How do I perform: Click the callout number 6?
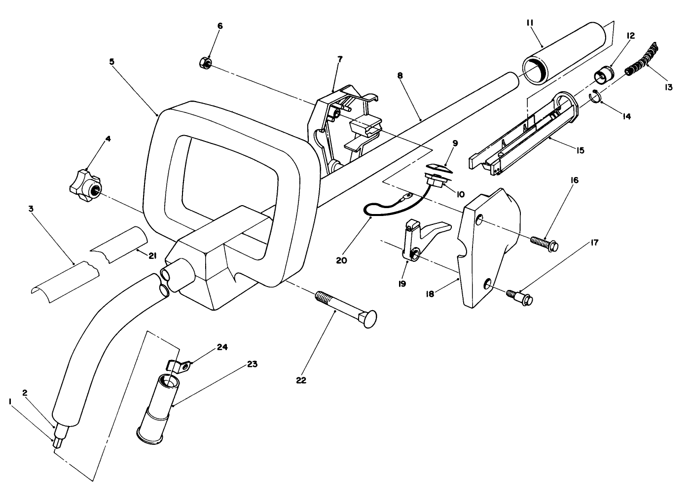(220, 26)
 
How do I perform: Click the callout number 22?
(301, 380)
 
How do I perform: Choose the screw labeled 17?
(519, 297)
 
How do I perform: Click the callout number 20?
(341, 259)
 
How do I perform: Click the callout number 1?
(10, 402)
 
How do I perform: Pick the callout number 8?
(400, 76)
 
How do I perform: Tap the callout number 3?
(32, 209)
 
